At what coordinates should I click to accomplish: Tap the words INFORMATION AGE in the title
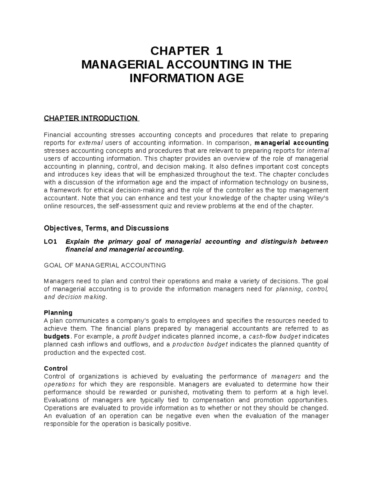tap(186, 78)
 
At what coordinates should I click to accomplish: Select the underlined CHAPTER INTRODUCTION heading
tap(90, 118)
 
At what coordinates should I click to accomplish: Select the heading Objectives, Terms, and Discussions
tap(106, 228)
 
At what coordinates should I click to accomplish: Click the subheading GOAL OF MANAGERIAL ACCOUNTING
tap(105, 265)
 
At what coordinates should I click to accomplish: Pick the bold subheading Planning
tap(58, 313)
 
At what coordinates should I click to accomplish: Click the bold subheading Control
tap(56, 369)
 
